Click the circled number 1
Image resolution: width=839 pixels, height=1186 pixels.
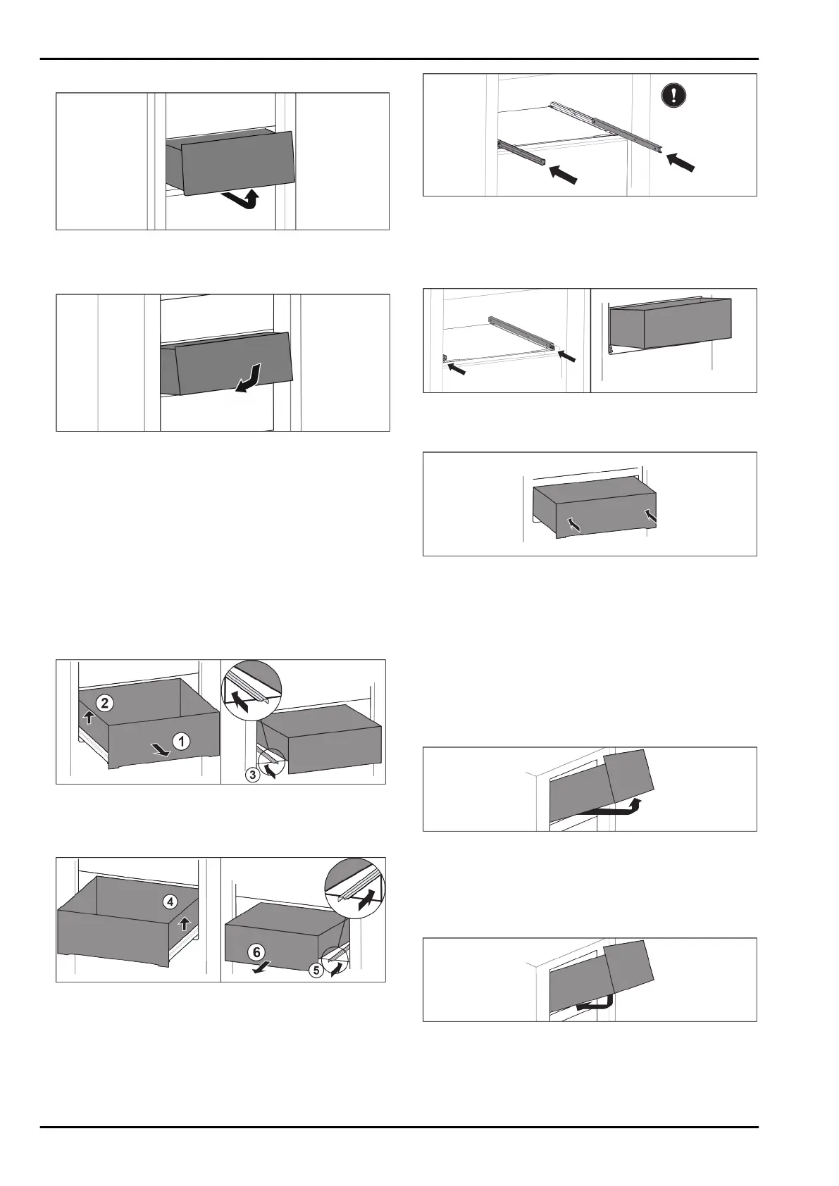tap(182, 741)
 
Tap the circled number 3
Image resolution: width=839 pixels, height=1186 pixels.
tap(251, 775)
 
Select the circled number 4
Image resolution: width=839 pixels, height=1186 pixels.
tap(170, 901)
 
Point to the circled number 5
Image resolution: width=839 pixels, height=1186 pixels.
tap(316, 970)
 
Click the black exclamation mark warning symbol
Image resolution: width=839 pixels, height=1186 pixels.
tap(674, 95)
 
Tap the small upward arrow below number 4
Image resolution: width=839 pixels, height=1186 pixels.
tap(185, 923)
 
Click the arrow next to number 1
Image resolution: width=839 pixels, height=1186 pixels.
tap(161, 752)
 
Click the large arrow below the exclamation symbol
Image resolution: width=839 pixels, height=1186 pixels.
tap(680, 161)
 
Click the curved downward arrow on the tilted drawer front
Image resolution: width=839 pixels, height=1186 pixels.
tap(249, 378)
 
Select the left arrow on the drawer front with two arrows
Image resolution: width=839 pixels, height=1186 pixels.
tap(575, 524)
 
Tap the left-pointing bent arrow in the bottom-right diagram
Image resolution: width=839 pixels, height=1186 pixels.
tap(594, 1001)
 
